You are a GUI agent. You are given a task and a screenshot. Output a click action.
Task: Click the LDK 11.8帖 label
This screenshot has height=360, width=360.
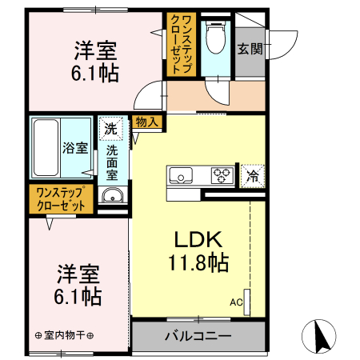[x=198, y=250]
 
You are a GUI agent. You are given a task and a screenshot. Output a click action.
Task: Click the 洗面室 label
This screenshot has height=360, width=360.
[x=112, y=161]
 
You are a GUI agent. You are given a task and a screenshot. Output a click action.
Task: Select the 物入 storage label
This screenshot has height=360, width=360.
[x=146, y=123]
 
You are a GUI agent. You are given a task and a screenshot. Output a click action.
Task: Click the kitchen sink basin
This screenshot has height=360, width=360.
[x=180, y=175]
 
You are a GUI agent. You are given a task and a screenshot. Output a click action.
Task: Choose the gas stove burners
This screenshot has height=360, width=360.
[x=222, y=174]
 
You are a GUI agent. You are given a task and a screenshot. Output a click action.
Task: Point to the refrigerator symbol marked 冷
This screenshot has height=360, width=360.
[x=252, y=174]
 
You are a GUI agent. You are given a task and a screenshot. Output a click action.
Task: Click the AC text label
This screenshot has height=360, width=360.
[x=236, y=302]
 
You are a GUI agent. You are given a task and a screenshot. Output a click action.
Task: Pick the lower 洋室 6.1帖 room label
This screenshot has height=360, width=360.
[x=78, y=285]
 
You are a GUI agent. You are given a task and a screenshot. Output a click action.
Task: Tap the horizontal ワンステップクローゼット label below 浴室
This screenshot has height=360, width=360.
[x=61, y=198]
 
